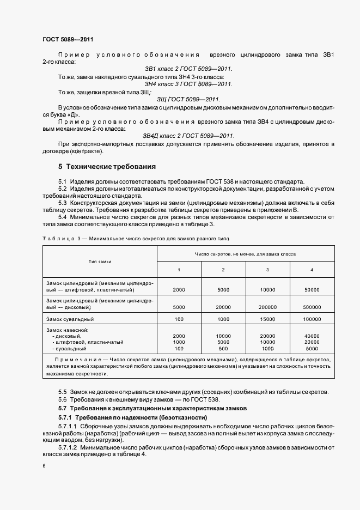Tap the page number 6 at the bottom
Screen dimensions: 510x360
44,466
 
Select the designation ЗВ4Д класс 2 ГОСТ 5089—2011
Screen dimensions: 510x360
188,136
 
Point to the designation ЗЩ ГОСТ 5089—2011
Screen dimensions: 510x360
188,99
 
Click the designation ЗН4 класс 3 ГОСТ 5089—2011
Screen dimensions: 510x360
188,84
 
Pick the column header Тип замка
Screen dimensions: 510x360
100,262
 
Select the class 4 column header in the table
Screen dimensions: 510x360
312,270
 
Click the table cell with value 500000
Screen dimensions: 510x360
312,307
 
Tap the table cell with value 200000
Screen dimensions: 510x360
267,307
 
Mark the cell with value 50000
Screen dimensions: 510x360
312,290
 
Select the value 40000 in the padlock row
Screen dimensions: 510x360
312,336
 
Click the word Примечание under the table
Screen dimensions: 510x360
77,360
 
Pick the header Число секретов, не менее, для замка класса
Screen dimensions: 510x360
246,254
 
